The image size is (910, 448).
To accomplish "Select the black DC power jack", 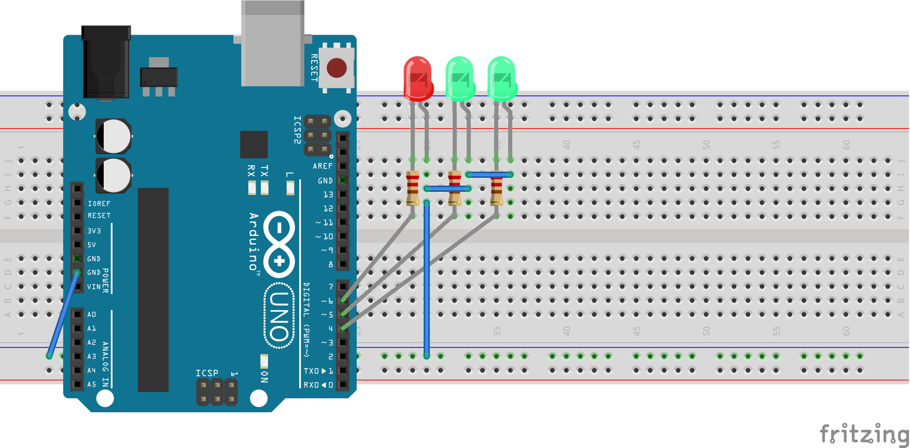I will tap(106, 62).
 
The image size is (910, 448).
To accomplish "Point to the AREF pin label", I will tap(322, 166).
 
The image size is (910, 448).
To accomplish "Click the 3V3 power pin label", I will tap(94, 231).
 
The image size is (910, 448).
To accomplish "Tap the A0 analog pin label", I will tap(92, 314).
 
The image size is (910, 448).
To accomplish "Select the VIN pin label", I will tap(94, 287).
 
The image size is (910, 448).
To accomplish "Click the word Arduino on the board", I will tap(253, 242).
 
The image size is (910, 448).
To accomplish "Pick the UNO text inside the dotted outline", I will tap(279, 316).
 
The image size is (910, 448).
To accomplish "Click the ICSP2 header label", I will tap(297, 130).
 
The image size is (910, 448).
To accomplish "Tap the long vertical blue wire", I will tap(427, 280).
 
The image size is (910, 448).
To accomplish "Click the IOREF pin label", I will tap(99, 204).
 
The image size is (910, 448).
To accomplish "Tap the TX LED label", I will tap(264, 171).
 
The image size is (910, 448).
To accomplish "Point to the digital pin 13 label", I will tap(328, 194).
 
